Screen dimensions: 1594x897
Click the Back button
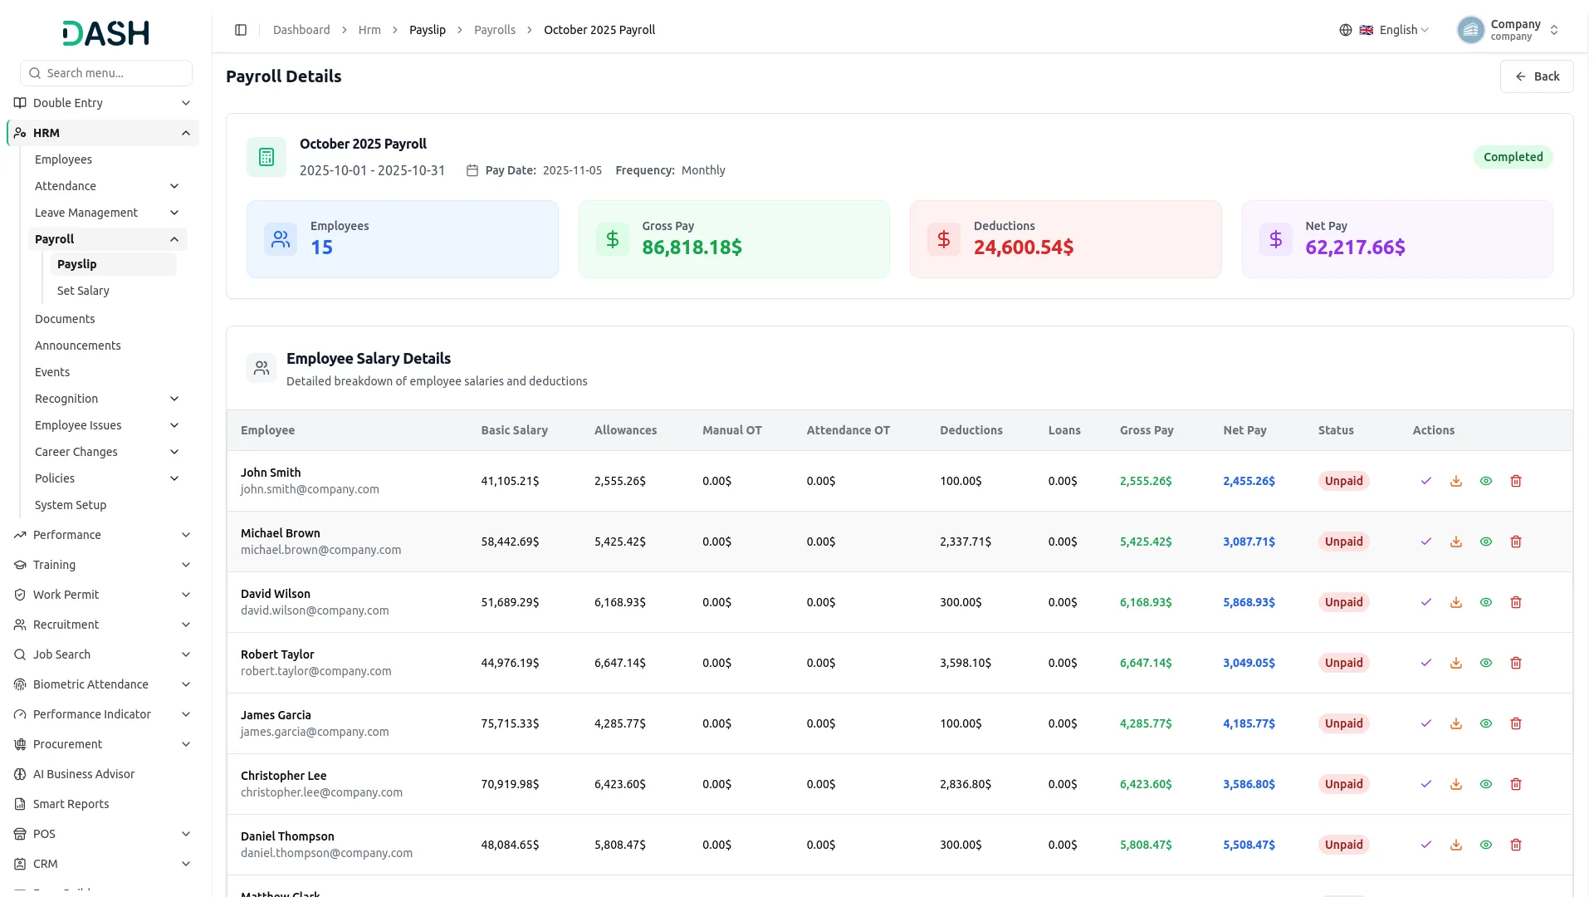(1537, 76)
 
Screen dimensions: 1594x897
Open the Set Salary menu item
(83, 291)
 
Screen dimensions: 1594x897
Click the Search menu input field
(106, 73)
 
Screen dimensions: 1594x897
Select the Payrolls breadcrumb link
(495, 30)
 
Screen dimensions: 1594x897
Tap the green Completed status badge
(1513, 157)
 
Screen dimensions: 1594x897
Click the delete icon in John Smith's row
(1516, 481)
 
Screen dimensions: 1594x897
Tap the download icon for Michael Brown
(1456, 542)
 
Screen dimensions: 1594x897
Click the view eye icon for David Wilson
(1486, 602)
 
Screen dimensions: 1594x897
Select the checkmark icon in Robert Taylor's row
(1426, 663)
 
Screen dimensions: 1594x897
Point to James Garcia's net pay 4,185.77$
(1249, 723)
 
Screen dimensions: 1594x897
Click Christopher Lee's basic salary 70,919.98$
(510, 784)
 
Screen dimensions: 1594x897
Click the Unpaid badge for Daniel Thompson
(1343, 845)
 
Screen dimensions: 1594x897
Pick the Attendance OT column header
(848, 430)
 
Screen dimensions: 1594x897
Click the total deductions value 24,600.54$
(1023, 248)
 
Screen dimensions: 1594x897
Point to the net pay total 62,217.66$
(1355, 248)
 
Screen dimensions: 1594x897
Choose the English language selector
(1384, 30)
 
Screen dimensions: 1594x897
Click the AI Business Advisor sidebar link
(84, 774)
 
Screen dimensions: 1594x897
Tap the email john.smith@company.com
(310, 489)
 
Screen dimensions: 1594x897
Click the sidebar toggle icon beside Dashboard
(241, 30)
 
